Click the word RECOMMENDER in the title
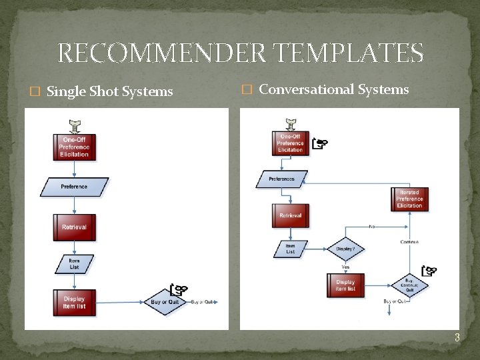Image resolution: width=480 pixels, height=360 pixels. pos(161,53)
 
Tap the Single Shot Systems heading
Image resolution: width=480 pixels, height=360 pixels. pos(110,91)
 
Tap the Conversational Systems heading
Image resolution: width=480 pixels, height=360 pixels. pos(333,89)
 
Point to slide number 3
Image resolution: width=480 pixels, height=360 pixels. pos(457,337)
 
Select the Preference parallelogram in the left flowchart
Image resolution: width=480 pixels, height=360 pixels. pos(74,187)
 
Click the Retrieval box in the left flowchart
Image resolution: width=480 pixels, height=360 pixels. pos(74,227)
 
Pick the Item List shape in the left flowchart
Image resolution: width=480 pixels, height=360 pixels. pos(74,264)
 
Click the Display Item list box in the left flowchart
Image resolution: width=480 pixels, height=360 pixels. pos(74,302)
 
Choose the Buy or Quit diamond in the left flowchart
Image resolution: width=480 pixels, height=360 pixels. pos(164,302)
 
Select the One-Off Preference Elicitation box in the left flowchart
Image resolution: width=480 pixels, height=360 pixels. pos(74,147)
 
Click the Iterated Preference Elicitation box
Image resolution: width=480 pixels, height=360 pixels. pos(409,199)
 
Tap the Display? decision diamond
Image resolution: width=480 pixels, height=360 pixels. pos(345,249)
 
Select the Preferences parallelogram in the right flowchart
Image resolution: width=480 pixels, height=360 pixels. pos(282,179)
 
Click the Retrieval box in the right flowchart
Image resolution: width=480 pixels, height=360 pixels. pos(291,215)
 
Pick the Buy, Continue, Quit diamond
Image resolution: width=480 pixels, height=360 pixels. pos(409,285)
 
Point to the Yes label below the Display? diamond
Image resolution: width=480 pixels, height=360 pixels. pos(345,267)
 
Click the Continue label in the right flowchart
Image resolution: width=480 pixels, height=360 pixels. pos(409,242)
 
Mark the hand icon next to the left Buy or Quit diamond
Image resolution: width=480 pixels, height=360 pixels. pos(179,289)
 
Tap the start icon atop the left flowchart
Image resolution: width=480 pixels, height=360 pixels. pos(74,125)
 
